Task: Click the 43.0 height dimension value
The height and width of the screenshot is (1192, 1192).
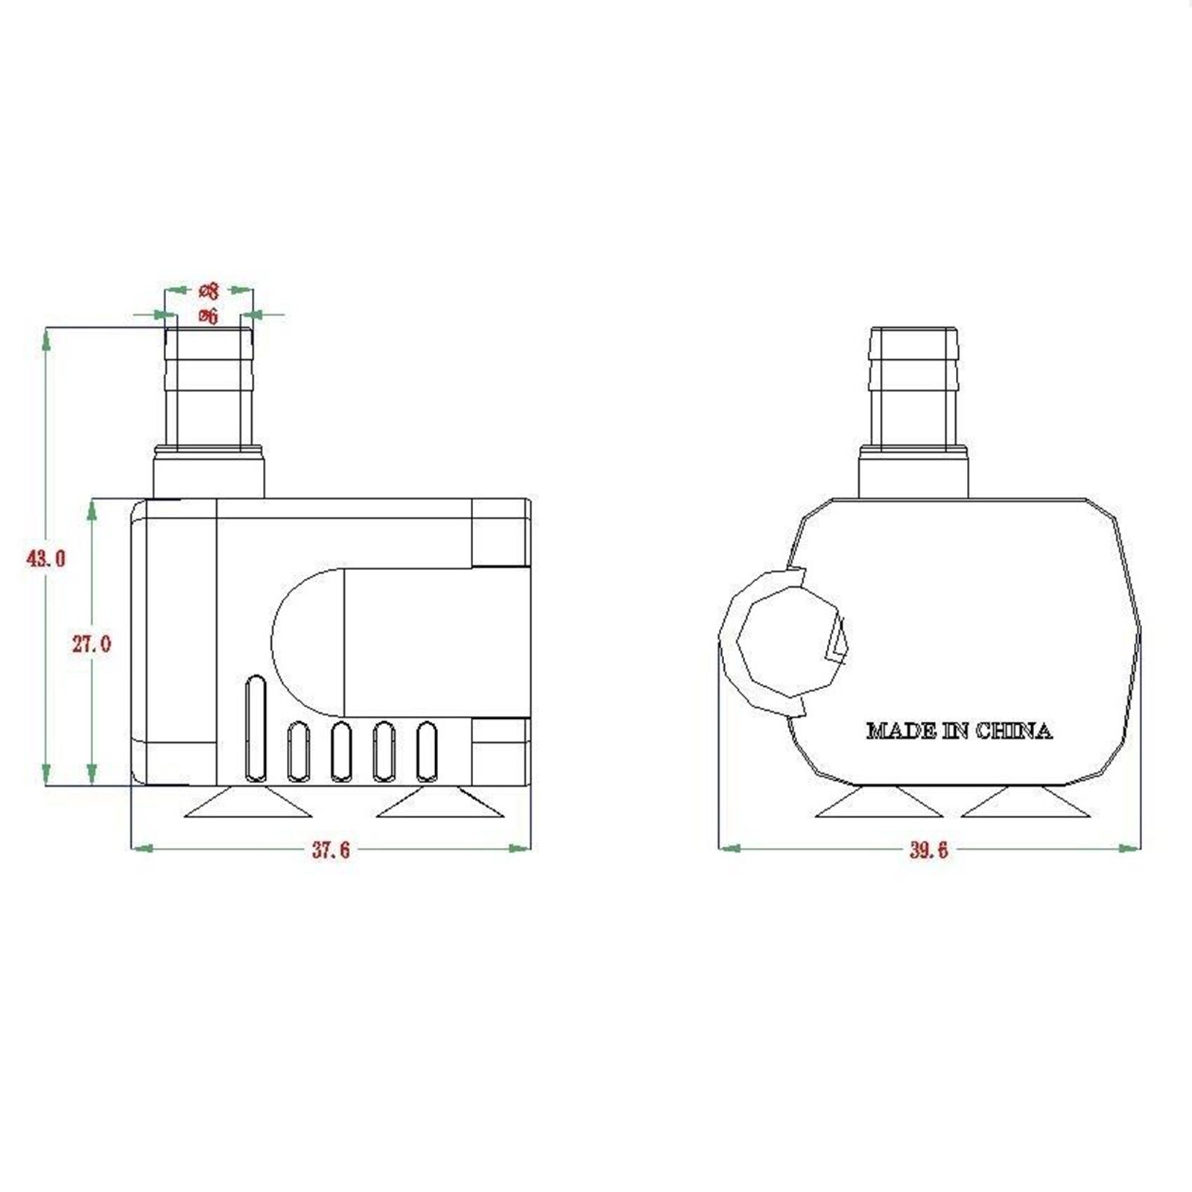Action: click(46, 558)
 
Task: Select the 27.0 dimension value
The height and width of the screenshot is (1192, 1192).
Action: click(92, 644)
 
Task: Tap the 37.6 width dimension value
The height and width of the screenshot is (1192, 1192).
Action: click(331, 850)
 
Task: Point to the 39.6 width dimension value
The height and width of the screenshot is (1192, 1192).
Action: click(928, 850)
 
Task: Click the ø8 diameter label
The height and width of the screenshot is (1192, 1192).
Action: click(209, 290)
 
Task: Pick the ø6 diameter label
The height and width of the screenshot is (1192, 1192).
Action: click(209, 316)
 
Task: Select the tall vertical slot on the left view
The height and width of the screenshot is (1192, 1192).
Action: click(255, 728)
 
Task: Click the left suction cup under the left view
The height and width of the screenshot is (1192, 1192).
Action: click(248, 804)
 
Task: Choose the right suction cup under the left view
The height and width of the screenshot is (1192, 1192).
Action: click(440, 804)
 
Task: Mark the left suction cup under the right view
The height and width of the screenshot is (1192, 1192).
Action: click(879, 803)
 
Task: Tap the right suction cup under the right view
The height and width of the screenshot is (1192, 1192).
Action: click(1026, 803)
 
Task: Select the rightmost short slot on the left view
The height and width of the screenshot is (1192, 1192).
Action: click(427, 752)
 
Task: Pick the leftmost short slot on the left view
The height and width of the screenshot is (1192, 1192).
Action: click(299, 752)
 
